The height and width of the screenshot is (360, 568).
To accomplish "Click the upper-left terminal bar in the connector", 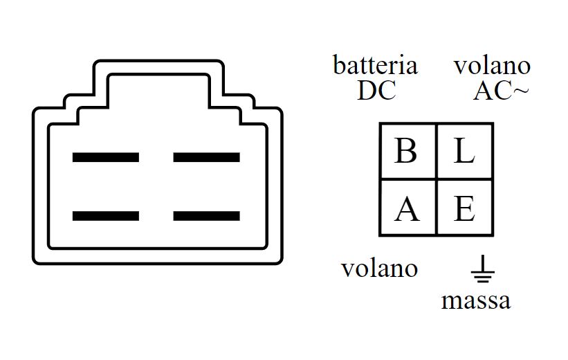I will click(106, 157).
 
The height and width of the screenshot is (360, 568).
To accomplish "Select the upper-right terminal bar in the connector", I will click(206, 157).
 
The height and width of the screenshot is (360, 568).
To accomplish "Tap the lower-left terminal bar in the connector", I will click(106, 216).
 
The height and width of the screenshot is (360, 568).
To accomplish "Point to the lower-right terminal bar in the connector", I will click(206, 216).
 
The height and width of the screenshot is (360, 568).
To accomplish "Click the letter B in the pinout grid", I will click(406, 151).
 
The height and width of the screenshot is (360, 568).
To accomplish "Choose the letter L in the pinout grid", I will click(464, 151).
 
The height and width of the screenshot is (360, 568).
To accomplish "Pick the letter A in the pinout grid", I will click(407, 208).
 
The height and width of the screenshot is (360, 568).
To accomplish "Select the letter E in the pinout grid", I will click(464, 208).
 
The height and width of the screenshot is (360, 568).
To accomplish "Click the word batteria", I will click(376, 66).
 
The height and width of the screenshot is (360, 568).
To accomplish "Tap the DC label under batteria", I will click(376, 90).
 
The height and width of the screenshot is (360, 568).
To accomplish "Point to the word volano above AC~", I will click(492, 66).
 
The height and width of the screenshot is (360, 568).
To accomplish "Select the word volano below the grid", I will click(379, 268).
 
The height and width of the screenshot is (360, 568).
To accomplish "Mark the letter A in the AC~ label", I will click(483, 90).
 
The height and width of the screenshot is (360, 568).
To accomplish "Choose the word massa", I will click(475, 300).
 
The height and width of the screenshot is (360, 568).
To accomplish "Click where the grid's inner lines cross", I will click(436, 179).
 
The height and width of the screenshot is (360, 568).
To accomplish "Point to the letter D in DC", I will click(367, 90).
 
